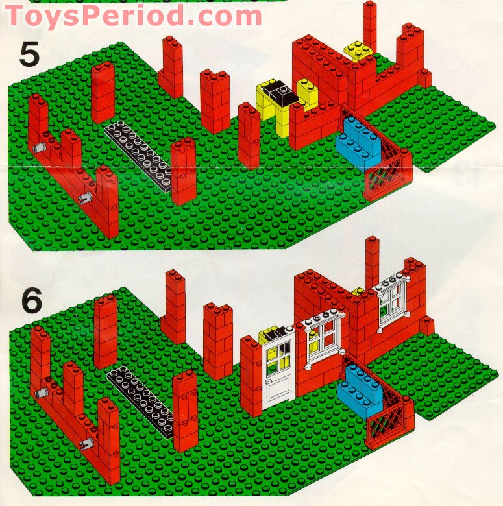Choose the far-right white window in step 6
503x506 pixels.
click(x=391, y=298)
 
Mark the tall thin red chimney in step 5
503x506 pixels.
click(x=370, y=26)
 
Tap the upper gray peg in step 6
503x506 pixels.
click(x=42, y=392)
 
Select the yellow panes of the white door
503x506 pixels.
click(x=280, y=356)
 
